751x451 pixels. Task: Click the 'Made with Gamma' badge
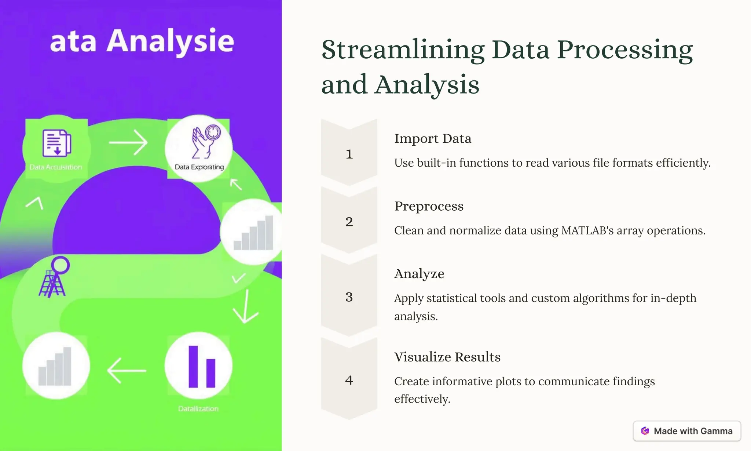pos(686,431)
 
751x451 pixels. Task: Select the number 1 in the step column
pos(349,154)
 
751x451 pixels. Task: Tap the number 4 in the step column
pos(349,380)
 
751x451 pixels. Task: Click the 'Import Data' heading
pos(433,139)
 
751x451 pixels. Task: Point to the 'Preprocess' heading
pos(429,206)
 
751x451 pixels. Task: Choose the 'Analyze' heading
pos(419,274)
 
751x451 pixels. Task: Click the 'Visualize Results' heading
pos(447,357)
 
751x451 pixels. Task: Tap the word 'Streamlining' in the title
pos(403,50)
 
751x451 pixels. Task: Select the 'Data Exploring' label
pos(199,167)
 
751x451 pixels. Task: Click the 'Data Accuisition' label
pos(56,167)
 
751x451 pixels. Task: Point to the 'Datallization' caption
pos(198,409)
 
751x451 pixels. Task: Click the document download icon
pos(56,143)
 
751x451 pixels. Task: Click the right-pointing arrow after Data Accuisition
pos(128,142)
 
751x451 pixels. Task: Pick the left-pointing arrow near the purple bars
pos(127,371)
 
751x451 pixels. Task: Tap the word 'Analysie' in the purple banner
pos(170,41)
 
